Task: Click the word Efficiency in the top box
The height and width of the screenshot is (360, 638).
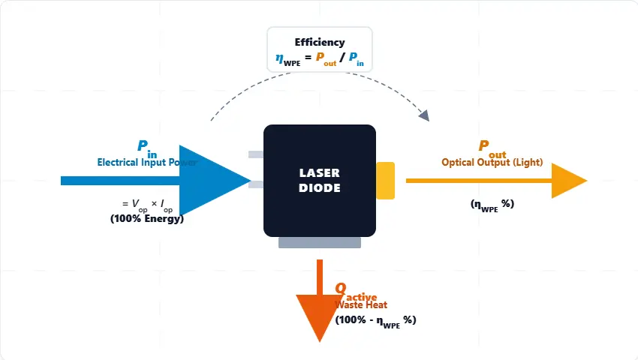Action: (320, 43)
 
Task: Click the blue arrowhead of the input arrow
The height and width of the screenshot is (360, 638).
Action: (211, 180)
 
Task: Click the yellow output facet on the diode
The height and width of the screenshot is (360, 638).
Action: (385, 181)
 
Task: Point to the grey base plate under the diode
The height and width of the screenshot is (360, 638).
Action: (320, 243)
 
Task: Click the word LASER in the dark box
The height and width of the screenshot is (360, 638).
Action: (320, 173)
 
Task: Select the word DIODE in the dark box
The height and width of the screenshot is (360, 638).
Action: (320, 188)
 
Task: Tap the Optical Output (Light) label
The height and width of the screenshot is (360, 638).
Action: (492, 163)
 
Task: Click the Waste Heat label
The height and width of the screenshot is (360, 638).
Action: (361, 304)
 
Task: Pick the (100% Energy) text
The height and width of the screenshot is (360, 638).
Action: (147, 218)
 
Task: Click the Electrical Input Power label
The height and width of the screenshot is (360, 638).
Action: (147, 162)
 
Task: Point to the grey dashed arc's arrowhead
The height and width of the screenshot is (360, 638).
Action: (424, 115)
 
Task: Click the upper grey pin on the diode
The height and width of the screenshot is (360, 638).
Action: (256, 154)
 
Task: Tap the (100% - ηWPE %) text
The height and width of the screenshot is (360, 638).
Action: (375, 319)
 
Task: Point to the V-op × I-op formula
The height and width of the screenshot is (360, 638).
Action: (147, 204)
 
